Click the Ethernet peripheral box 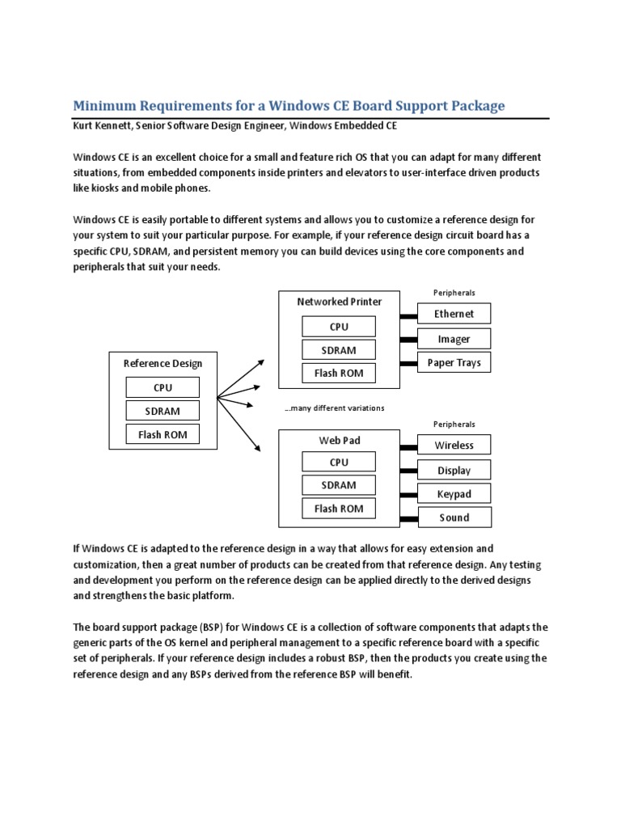pyautogui.click(x=454, y=314)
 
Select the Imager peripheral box pyautogui.click(x=454, y=339)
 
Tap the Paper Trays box pyautogui.click(x=454, y=362)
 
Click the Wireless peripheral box pyautogui.click(x=454, y=445)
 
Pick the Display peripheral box pyautogui.click(x=454, y=470)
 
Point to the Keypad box pyautogui.click(x=454, y=493)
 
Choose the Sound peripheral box pyautogui.click(x=454, y=517)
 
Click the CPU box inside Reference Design pyautogui.click(x=163, y=387)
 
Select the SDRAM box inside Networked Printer pyautogui.click(x=339, y=350)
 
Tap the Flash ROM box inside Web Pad pyautogui.click(x=339, y=509)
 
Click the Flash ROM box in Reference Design pyautogui.click(x=163, y=434)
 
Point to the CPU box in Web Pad pyautogui.click(x=339, y=462)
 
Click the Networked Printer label pyautogui.click(x=340, y=302)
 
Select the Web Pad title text pyautogui.click(x=340, y=440)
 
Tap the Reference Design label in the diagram pyautogui.click(x=163, y=363)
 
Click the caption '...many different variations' pyautogui.click(x=334, y=408)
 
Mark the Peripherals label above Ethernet pyautogui.click(x=454, y=293)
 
